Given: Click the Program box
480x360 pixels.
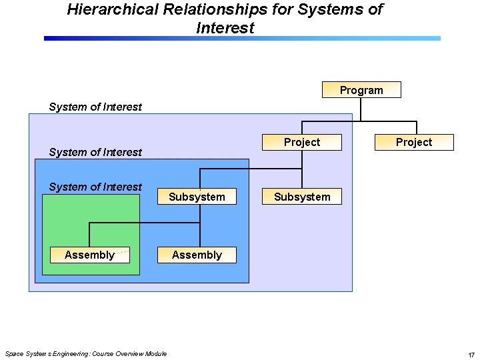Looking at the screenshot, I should (361, 90).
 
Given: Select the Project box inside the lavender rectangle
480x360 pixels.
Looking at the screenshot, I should (302, 142).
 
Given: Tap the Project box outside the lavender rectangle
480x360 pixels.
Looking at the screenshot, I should (414, 142).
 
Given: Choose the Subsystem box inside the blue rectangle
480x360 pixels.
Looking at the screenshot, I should (197, 197).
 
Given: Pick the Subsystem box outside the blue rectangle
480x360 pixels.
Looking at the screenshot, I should (302, 197).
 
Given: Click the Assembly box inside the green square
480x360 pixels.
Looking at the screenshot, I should (89, 255).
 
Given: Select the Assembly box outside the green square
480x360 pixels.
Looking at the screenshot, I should (197, 255).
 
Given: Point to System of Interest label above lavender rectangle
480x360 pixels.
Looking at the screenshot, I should (95, 107).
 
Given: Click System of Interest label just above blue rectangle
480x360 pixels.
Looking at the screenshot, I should (95, 152).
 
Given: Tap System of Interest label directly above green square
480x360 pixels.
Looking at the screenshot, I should (95, 187).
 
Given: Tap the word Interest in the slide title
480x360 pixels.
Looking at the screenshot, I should (225, 28).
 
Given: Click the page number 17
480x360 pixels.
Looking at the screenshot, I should (471, 354).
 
